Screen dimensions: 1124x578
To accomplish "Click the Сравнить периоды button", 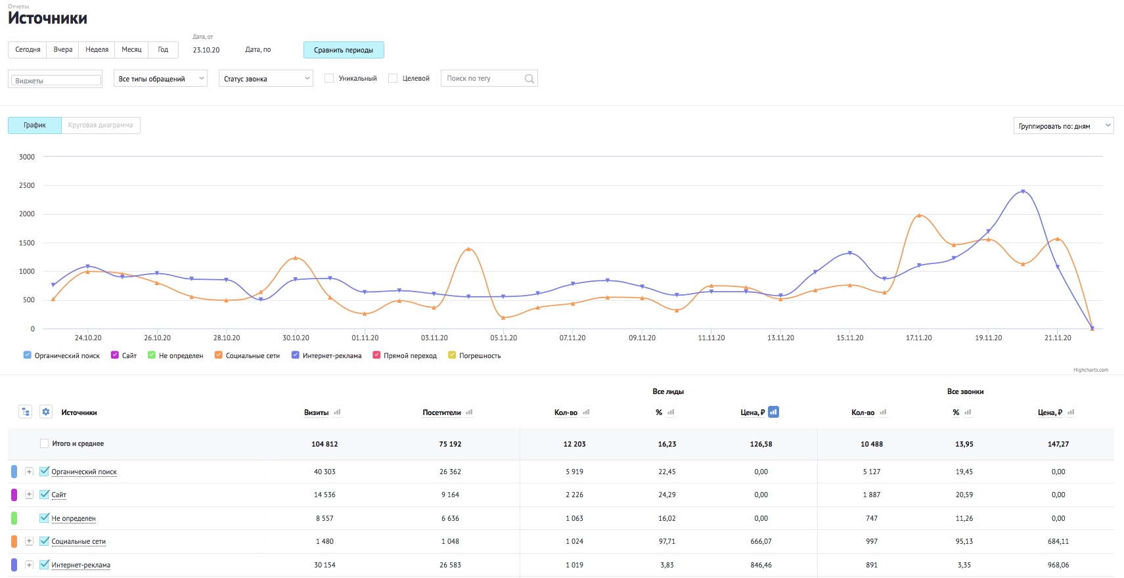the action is [344, 50].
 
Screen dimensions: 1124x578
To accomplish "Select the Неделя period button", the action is [97, 50].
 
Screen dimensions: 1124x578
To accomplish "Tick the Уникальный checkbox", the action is [329, 78].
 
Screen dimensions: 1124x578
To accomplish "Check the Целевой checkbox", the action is [393, 78].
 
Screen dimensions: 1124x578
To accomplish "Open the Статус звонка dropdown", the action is [266, 78].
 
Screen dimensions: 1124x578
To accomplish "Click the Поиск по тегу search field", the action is [489, 78].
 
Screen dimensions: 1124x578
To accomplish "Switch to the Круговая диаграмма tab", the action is [101, 125].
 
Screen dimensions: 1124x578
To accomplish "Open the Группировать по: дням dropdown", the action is [1064, 125].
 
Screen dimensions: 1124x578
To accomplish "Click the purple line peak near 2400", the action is [1023, 191].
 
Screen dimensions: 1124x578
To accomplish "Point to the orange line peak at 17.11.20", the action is [919, 215].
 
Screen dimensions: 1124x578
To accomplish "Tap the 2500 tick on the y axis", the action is [26, 186].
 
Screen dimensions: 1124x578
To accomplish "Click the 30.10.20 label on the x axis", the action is [296, 338].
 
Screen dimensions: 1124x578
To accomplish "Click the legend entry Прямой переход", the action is [405, 355].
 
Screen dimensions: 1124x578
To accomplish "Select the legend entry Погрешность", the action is [475, 355].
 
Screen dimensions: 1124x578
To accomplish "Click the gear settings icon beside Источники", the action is [46, 412].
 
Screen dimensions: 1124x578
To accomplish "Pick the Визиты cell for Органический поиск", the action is [325, 472].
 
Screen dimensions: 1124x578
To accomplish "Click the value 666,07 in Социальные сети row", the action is [761, 541].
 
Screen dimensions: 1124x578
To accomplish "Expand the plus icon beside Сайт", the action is [29, 495].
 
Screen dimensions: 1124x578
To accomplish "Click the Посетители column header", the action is [441, 412].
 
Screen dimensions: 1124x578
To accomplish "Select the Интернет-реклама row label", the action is [81, 565].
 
